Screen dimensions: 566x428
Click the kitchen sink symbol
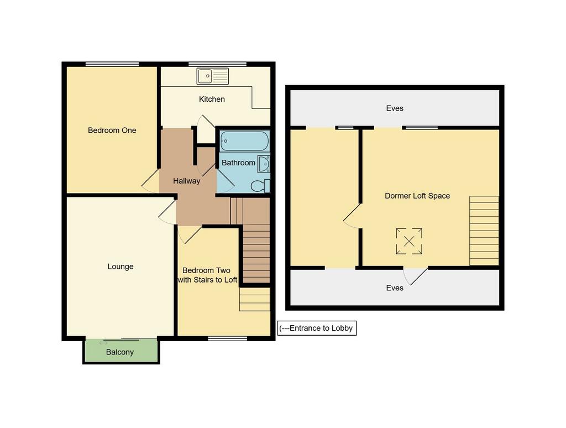point(213,76)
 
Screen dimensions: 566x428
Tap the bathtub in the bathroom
point(244,141)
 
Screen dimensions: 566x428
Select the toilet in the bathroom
point(260,186)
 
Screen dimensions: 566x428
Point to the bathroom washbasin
point(264,164)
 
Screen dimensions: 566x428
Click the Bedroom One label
point(112,131)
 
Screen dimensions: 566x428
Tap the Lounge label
point(120,267)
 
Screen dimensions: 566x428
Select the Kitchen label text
point(212,99)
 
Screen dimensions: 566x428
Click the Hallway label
point(186,181)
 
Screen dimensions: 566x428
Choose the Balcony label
point(120,352)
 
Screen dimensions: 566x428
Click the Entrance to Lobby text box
point(317,328)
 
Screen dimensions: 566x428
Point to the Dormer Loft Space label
point(417,196)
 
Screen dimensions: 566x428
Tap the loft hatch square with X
point(409,241)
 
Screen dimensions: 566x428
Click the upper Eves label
point(395,108)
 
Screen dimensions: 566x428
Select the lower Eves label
point(395,288)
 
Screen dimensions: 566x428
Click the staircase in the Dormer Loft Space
point(484,231)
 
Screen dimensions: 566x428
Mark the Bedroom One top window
point(112,64)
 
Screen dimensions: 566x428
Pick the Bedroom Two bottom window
point(228,338)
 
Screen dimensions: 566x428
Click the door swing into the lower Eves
point(415,276)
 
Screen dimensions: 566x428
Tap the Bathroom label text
point(238,163)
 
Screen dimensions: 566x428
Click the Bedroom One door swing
point(150,181)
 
